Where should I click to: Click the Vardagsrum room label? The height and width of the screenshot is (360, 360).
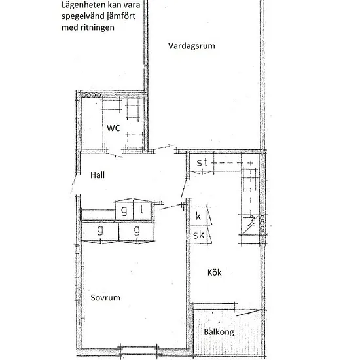(x=192, y=46)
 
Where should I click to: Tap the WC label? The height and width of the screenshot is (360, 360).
(x=113, y=128)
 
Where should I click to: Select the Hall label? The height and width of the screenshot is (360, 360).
(x=98, y=175)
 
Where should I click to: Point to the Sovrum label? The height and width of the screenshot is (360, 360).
(x=105, y=298)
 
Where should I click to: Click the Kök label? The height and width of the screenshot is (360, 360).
(x=215, y=272)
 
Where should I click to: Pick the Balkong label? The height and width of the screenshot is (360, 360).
(x=219, y=333)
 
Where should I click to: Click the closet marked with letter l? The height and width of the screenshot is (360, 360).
(x=142, y=211)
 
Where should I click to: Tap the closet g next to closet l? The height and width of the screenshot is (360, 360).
(x=124, y=211)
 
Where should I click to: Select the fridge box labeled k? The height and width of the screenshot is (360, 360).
(x=198, y=216)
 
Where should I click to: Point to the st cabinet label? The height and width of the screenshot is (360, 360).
(x=202, y=162)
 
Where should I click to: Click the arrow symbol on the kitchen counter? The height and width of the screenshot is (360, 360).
(x=249, y=217)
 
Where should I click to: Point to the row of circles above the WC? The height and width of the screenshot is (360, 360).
(x=92, y=95)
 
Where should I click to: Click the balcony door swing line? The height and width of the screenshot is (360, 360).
(x=249, y=313)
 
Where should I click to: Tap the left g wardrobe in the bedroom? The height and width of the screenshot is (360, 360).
(x=100, y=232)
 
